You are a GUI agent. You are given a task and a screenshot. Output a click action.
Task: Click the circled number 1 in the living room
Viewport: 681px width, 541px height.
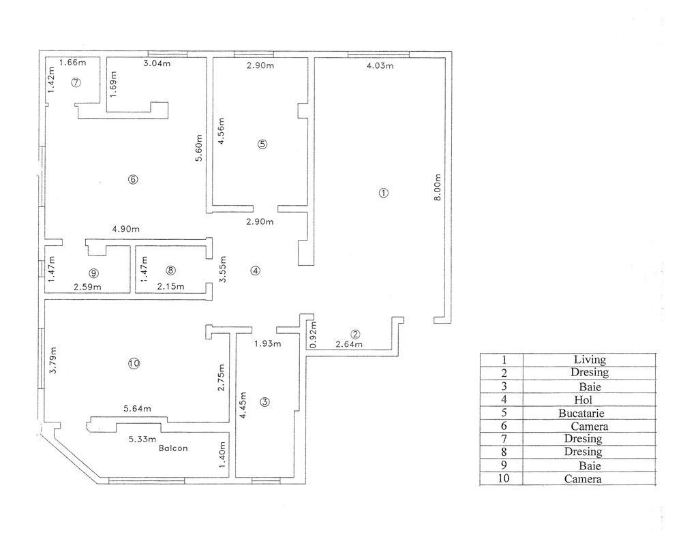pos(384,193)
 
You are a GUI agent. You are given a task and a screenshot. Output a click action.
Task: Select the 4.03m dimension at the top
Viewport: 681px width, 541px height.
pos(380,66)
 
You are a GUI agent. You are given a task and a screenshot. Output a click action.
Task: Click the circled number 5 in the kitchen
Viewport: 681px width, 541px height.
pos(262,144)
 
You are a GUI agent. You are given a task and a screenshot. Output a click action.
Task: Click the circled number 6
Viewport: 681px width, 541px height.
pos(133,179)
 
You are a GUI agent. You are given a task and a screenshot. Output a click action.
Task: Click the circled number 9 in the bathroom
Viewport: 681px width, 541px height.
pos(93,273)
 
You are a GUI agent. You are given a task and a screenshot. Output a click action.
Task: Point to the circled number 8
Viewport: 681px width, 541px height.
pos(171,270)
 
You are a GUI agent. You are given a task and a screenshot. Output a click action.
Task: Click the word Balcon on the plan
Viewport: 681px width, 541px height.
pos(173,449)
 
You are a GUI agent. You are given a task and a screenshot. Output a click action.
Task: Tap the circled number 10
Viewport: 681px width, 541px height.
pos(134,364)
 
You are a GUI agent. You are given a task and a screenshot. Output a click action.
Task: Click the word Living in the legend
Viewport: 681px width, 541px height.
pos(590,359)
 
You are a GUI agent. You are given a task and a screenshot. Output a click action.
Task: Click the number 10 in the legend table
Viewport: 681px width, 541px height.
pos(502,479)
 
